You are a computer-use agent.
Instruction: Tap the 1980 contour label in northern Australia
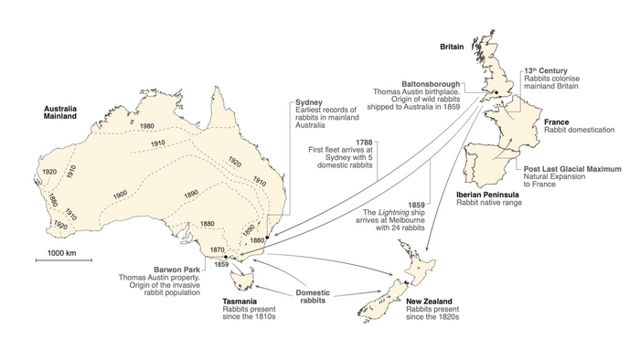click(x=147, y=125)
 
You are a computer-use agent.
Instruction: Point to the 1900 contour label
click(x=120, y=195)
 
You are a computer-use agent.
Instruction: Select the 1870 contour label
click(x=217, y=249)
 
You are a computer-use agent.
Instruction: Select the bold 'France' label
click(x=556, y=122)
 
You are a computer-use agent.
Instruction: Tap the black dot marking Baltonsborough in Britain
click(x=495, y=92)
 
